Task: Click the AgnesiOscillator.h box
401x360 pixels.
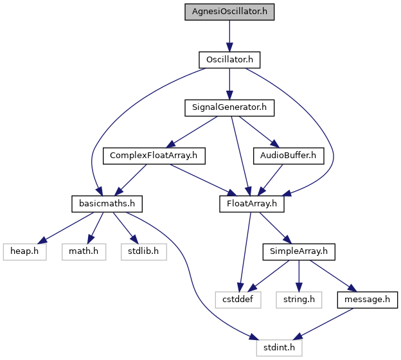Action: [229, 12]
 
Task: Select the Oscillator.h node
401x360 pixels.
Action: [229, 60]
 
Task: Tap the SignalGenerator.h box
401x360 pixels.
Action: [229, 108]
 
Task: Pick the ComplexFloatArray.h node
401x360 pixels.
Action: [154, 156]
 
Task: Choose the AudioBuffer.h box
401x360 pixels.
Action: [289, 156]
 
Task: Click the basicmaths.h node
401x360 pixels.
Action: [107, 204]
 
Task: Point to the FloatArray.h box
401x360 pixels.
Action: [252, 204]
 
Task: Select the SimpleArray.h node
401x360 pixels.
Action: [299, 252]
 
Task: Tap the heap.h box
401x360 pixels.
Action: [24, 252]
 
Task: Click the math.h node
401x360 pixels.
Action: [84, 252]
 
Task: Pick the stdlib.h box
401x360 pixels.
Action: [144, 252]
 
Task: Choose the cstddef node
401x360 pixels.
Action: [238, 300]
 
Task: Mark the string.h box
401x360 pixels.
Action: [299, 300]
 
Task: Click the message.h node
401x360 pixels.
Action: [367, 300]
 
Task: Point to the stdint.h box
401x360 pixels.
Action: [279, 348]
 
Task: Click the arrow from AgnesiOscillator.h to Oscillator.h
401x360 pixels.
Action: [229, 36]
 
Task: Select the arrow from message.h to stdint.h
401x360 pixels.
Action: [323, 324]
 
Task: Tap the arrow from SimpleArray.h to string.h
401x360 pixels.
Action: [299, 276]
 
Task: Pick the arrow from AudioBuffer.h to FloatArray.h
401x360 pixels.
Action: [271, 180]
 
